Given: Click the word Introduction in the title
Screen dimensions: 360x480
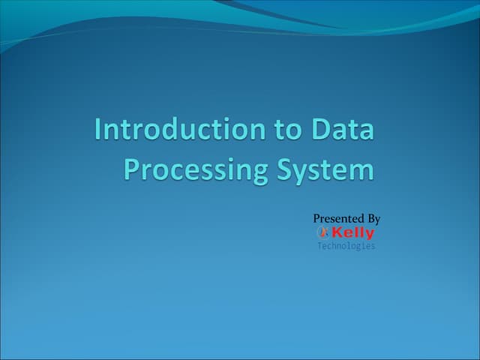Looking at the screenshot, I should click(x=178, y=130).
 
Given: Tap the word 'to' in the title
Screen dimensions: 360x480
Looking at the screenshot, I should click(x=286, y=130).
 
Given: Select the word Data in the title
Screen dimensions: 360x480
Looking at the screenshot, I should click(x=343, y=130).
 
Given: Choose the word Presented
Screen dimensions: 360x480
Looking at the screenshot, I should click(x=337, y=219).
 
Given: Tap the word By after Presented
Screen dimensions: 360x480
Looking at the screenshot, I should click(x=373, y=219).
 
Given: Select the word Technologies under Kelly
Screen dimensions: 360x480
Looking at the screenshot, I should click(x=346, y=246).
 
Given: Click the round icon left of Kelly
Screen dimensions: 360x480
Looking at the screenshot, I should click(x=324, y=233).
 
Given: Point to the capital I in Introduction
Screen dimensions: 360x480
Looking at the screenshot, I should click(x=98, y=130).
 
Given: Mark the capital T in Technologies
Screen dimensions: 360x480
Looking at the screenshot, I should click(x=319, y=246).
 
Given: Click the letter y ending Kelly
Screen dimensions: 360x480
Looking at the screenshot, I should click(x=370, y=235).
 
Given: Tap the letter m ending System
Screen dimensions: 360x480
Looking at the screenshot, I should click(x=361, y=171).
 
